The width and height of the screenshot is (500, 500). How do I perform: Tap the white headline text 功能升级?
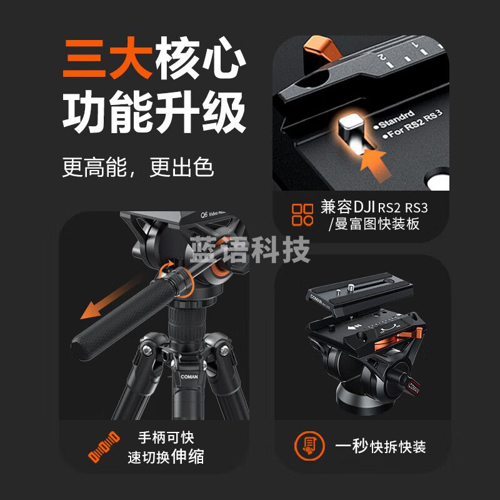[154, 112]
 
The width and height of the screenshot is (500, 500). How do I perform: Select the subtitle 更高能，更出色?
[138, 167]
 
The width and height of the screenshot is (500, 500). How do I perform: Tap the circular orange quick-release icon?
[309, 446]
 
